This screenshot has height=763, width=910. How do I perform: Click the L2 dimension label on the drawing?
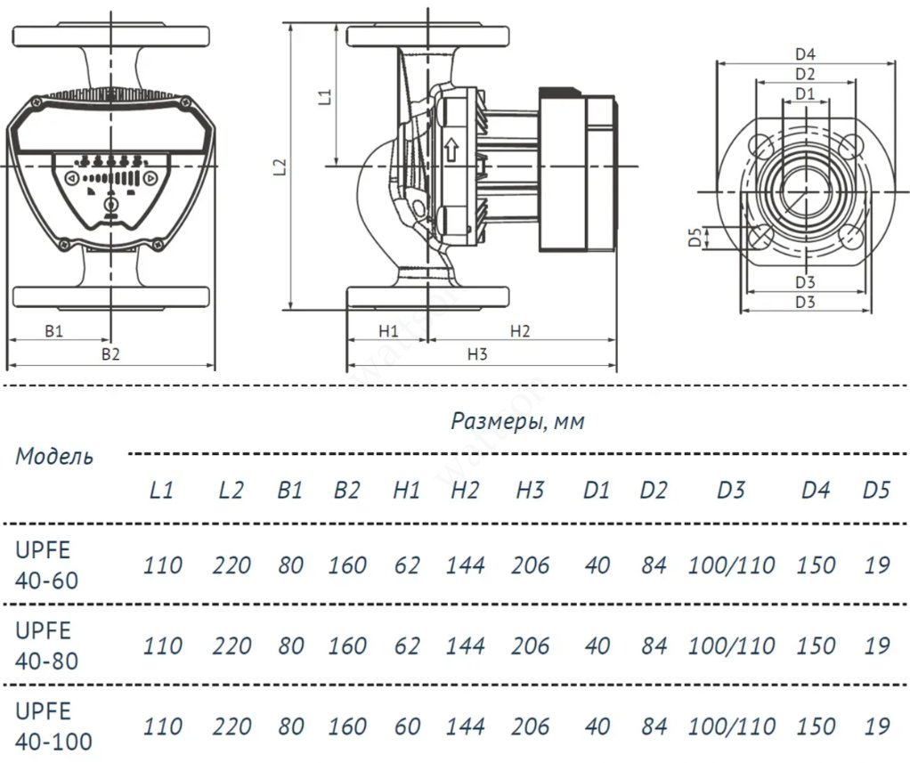coord(280,166)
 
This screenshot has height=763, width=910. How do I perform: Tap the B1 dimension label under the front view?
coord(54,330)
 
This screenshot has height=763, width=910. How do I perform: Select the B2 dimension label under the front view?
coord(110,354)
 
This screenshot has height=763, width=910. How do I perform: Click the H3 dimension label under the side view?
coord(478,354)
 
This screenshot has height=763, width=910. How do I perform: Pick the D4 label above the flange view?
coord(806,54)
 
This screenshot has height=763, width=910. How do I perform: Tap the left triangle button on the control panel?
coord(70,179)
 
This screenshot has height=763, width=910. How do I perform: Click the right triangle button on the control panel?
coord(150,179)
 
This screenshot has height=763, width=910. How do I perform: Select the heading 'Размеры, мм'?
coord(517,421)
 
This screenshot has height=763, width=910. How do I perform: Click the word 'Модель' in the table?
coord(53,457)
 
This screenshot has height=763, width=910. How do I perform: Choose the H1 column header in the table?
coord(406,490)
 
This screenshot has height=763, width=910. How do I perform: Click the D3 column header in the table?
coord(730,490)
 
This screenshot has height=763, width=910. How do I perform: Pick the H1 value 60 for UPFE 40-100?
coord(406,726)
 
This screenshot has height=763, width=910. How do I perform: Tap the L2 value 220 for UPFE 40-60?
coord(232,565)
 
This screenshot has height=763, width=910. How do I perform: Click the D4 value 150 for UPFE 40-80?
coord(816,645)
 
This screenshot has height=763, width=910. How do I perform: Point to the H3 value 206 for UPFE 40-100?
coord(530,726)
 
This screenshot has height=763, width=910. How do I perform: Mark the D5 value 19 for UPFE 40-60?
coord(876,565)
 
